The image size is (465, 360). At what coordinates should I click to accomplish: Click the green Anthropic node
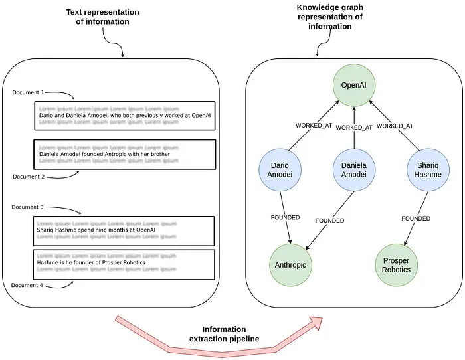coord(290,264)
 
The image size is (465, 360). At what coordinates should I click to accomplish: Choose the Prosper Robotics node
coord(397,264)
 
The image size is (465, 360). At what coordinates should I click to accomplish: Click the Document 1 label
coord(28,92)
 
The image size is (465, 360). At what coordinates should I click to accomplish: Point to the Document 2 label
coord(28,177)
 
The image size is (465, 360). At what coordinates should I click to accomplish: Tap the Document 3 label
coord(28,207)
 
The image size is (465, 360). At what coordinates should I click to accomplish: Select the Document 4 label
coord(28,285)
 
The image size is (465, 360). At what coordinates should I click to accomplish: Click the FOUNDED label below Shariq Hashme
coord(416,218)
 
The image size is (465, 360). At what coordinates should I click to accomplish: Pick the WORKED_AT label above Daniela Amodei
coord(354,128)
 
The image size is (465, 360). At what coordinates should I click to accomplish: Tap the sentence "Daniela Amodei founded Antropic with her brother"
coord(104,155)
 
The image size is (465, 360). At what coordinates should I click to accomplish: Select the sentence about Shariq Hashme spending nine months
coord(96,230)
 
